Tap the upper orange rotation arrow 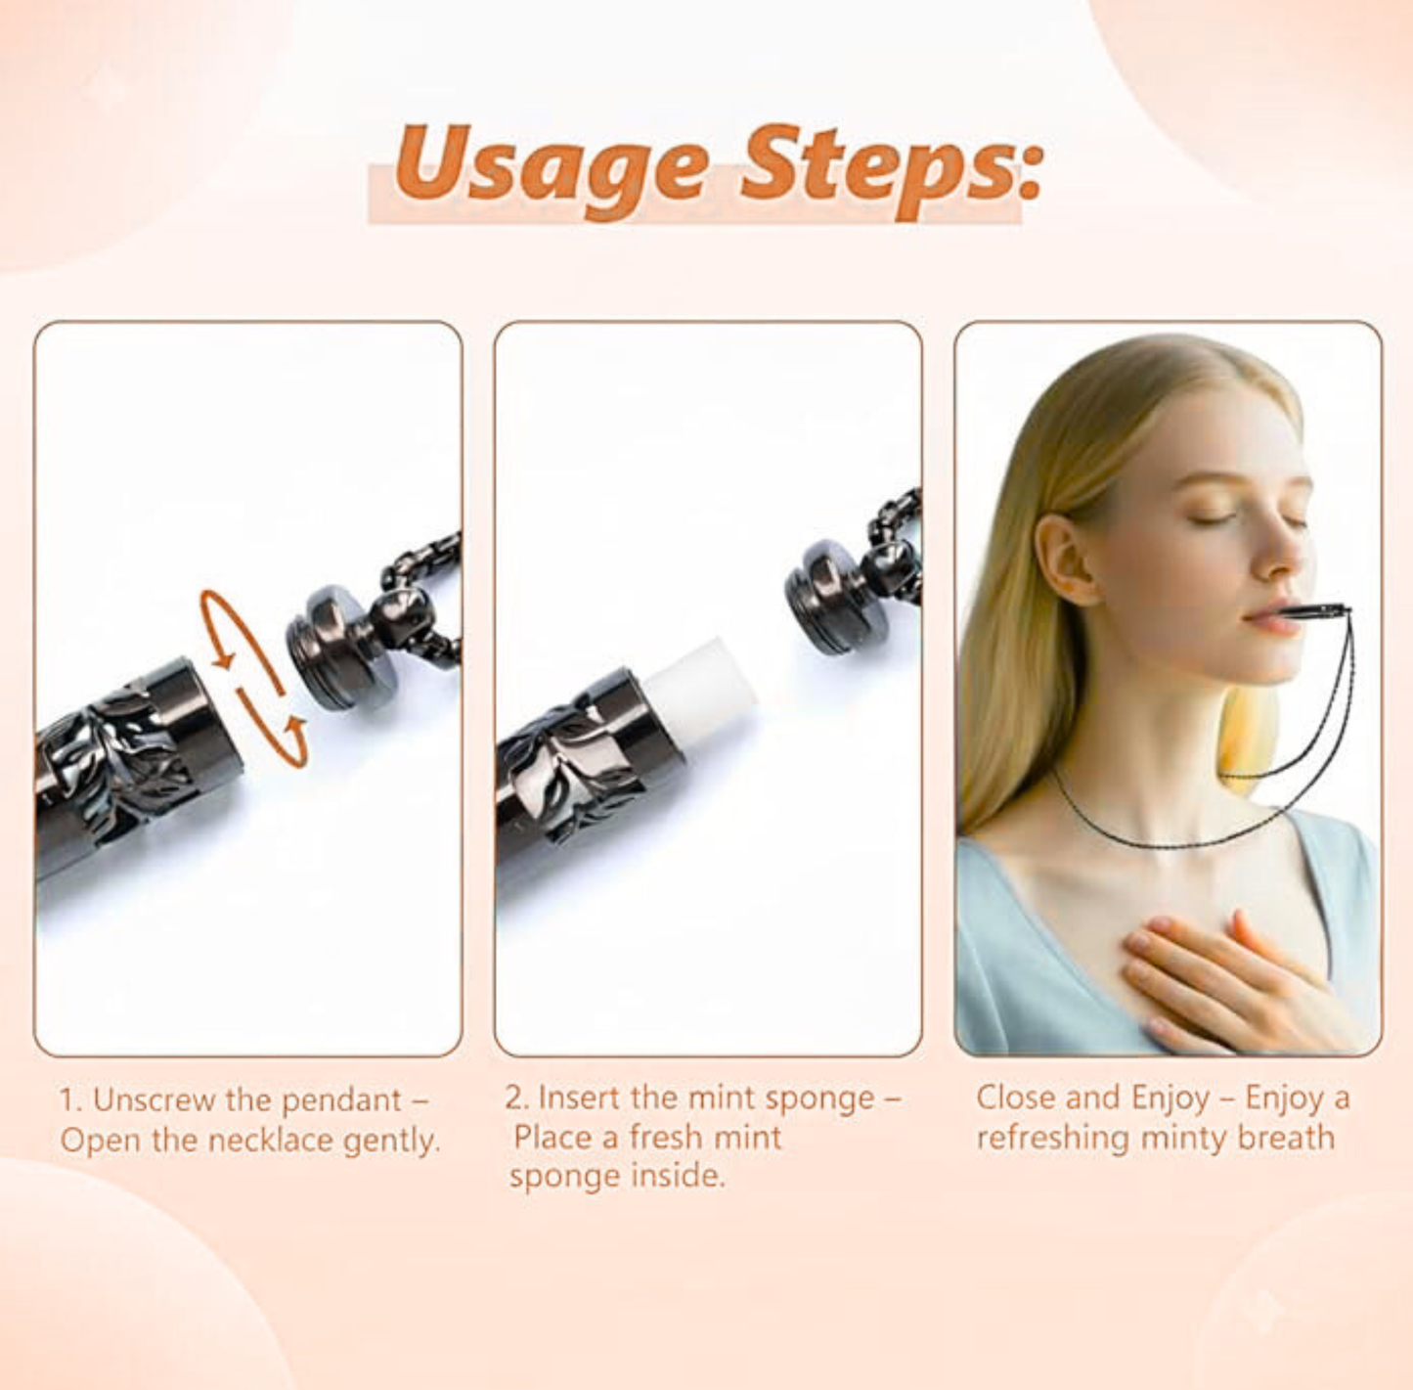point(227,629)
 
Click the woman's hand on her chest point(1222,978)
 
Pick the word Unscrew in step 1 point(154,1100)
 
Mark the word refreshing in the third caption point(1053,1139)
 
